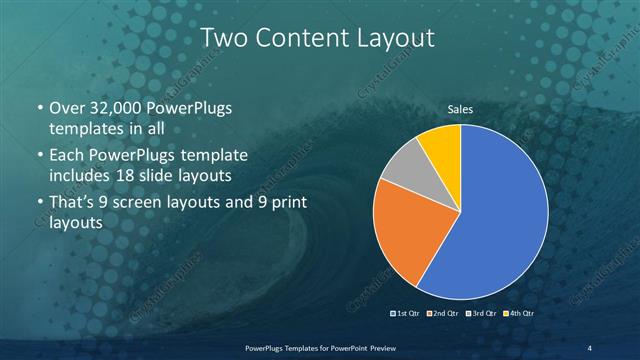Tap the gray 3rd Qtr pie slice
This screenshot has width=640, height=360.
[x=402, y=168]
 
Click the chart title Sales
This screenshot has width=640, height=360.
[x=460, y=109]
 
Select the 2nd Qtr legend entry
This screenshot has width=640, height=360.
[x=444, y=314]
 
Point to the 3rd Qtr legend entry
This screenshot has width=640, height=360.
[x=481, y=314]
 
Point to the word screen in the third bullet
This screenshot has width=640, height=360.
[x=142, y=203]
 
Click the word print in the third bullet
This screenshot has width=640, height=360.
[x=286, y=203]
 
